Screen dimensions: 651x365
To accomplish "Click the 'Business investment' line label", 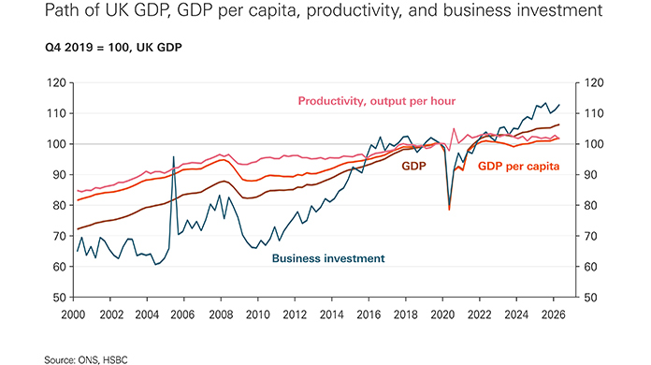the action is (x=328, y=258).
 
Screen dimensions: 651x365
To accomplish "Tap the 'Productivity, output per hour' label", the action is (x=377, y=101).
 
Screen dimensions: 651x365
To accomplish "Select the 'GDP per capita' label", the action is (x=518, y=166).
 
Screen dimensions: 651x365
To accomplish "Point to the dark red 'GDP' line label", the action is (x=413, y=166).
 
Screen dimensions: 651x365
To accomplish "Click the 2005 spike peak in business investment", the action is (x=173, y=156).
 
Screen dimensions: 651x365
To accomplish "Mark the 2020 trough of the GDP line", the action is (x=449, y=209).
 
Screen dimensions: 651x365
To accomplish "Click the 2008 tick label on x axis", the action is (x=221, y=314).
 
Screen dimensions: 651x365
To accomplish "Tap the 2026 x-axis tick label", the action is (x=553, y=314).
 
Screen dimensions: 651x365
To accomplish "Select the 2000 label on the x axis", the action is (x=73, y=314).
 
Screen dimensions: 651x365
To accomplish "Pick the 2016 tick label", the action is (x=369, y=314).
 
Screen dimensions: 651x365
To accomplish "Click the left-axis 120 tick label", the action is (x=57, y=82).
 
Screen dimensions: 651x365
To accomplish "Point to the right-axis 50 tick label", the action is (x=591, y=298).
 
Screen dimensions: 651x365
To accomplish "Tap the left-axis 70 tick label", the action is (x=60, y=236).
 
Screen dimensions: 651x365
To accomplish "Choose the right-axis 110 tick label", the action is (x=594, y=113).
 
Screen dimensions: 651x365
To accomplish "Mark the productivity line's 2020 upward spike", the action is (x=454, y=129).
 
